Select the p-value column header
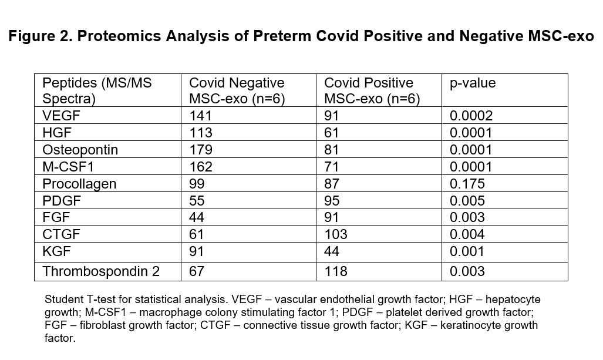(x=473, y=83)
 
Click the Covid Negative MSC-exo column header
(x=237, y=91)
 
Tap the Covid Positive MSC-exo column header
(x=372, y=91)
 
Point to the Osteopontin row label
(x=80, y=150)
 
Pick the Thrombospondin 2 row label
(x=101, y=271)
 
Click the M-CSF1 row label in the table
(x=68, y=167)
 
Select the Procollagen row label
(x=79, y=184)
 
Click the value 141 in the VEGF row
(x=200, y=115)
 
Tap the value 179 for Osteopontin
(x=200, y=150)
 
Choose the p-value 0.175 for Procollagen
(x=467, y=184)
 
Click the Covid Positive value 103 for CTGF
(x=336, y=234)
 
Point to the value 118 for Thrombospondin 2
(x=336, y=271)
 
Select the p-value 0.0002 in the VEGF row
(x=471, y=115)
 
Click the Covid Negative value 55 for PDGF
(x=197, y=201)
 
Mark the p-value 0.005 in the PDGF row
(x=467, y=201)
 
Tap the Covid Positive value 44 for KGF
(x=332, y=251)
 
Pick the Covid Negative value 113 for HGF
(x=200, y=133)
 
